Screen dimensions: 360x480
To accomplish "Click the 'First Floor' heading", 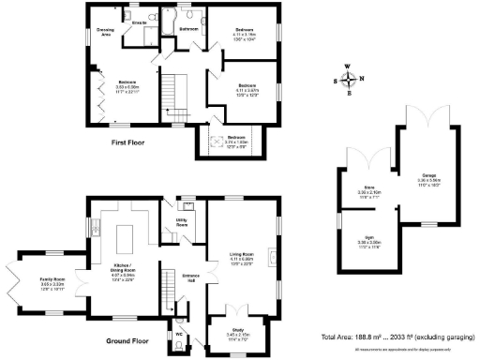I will [x=132, y=142].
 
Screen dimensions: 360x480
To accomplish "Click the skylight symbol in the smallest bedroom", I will [x=217, y=142].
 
